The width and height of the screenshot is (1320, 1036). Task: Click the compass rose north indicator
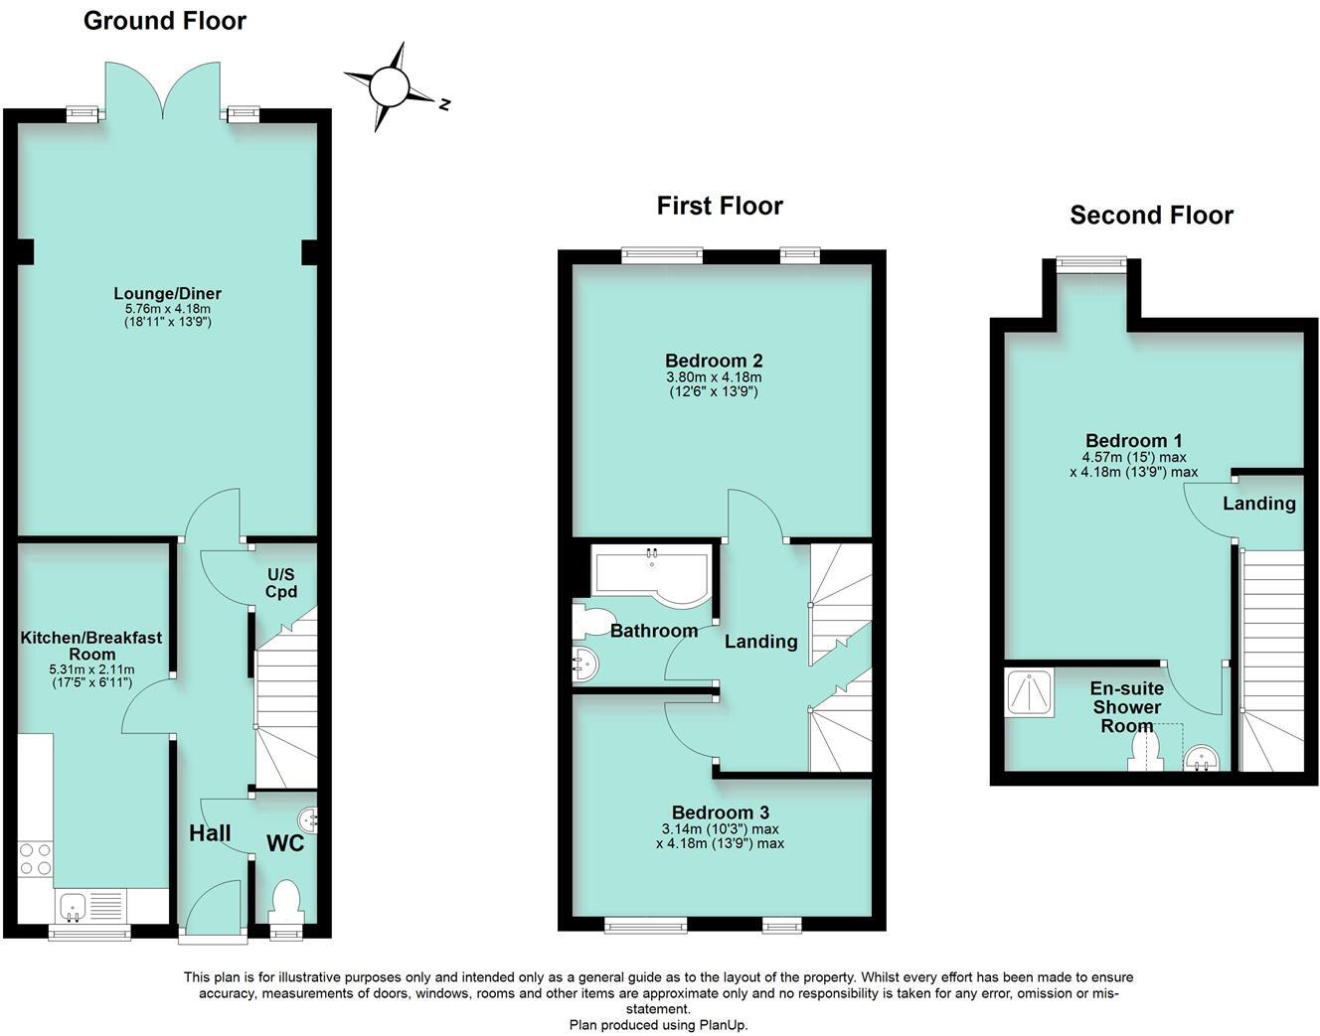[x=443, y=103]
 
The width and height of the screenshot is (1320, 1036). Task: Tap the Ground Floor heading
[x=164, y=21]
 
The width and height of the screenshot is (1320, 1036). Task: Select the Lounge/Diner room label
[x=167, y=293]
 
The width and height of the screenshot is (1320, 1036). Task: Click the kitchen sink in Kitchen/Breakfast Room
[x=73, y=906]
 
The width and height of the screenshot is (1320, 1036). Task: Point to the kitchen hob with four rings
[x=36, y=858]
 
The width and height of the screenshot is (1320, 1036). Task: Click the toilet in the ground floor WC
[x=285, y=899]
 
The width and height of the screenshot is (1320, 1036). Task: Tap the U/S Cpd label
[x=280, y=583]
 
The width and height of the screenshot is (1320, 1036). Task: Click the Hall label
[x=210, y=833]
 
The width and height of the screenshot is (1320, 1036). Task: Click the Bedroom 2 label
[x=714, y=361]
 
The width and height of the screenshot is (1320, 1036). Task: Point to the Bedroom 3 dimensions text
[x=720, y=836]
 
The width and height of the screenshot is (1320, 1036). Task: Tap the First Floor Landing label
[x=760, y=642]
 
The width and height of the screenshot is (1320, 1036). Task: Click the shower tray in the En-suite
[x=1028, y=692]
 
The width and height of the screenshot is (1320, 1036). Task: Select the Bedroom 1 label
[x=1133, y=440]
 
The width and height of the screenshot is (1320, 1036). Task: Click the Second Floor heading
[x=1151, y=216]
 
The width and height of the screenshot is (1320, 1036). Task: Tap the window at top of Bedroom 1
[x=1090, y=263]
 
